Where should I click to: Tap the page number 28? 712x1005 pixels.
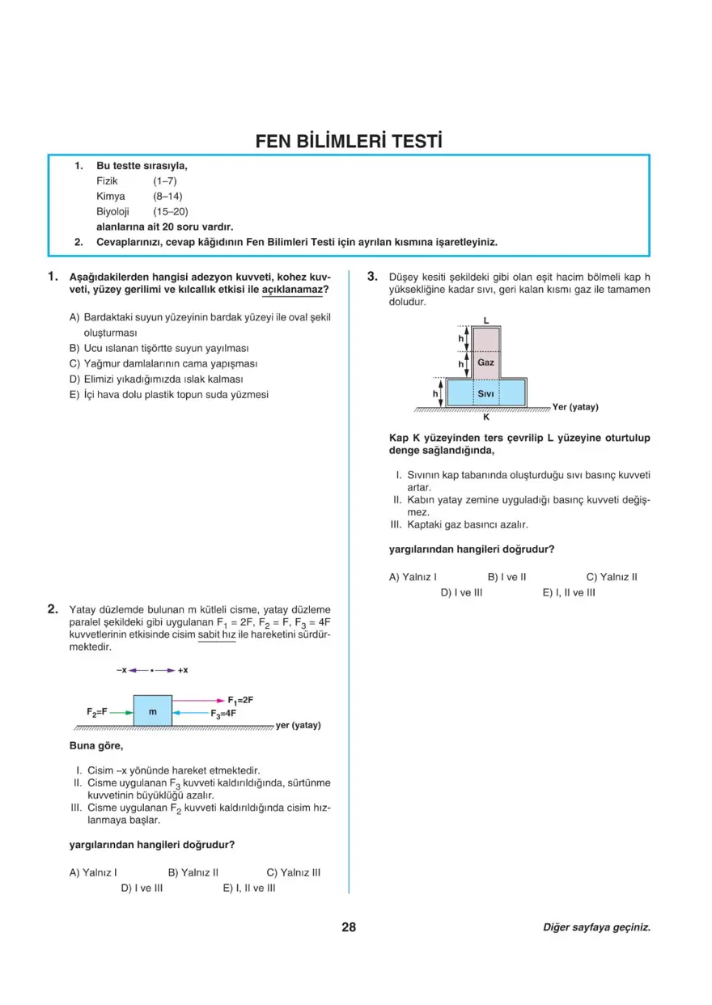point(349,927)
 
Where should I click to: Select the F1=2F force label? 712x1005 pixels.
point(240,700)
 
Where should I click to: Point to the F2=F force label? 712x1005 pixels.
point(98,711)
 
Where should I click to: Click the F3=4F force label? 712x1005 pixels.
point(223,714)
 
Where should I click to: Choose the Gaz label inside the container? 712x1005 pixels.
point(485,363)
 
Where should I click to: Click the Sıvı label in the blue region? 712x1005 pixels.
point(485,393)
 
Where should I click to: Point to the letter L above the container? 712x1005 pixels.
point(485,320)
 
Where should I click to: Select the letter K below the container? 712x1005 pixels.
point(485,418)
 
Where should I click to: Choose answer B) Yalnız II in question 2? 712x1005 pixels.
point(193,872)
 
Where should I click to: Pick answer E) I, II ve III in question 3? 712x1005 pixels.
point(569,592)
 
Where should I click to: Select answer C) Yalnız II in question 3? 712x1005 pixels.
point(612,577)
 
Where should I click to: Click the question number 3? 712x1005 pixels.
point(373,277)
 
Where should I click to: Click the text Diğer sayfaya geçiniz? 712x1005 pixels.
point(596,928)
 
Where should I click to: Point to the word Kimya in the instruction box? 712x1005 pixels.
point(111,196)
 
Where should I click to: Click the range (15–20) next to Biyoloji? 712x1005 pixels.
point(170,211)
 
